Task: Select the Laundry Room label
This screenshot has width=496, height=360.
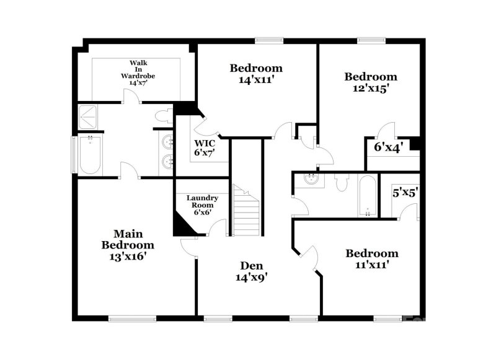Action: click(201, 204)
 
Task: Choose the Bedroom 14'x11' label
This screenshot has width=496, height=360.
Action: click(256, 73)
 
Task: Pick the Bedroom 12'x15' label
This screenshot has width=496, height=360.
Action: click(370, 82)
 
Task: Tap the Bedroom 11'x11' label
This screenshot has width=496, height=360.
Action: click(371, 258)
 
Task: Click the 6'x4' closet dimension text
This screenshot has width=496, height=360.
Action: click(389, 147)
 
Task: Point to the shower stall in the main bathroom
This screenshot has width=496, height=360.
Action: click(91, 118)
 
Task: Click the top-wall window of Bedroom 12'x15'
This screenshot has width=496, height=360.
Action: click(370, 42)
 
